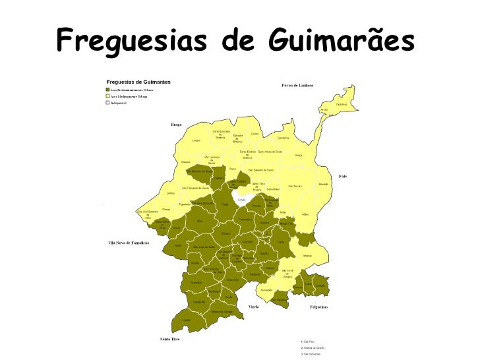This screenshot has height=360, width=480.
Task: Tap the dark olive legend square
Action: [103, 89]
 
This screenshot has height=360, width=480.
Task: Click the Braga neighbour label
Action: [176, 124]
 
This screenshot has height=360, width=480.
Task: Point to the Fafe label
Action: [343, 176]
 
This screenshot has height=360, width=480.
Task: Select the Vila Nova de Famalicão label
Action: [129, 243]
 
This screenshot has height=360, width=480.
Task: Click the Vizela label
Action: [253, 307]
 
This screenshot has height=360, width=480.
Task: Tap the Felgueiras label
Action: [319, 307]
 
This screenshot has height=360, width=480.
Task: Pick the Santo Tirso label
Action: [170, 339]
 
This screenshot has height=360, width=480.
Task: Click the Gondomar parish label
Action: [284, 138]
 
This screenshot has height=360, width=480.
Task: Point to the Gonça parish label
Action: [298, 155]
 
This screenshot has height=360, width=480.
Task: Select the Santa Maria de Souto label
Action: [270, 151]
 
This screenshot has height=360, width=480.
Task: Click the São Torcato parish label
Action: [295, 186]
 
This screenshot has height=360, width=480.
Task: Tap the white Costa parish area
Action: [242, 198]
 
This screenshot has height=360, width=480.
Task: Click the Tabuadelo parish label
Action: [266, 289]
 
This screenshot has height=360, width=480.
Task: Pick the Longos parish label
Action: [196, 140]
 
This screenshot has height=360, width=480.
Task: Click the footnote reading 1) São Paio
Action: [307, 342]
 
